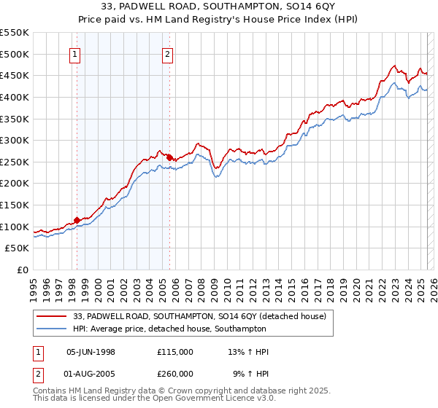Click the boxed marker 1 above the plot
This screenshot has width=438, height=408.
[76, 53]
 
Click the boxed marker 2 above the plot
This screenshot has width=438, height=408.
[168, 53]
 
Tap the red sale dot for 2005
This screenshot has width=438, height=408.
[169, 157]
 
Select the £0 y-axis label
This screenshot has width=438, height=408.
[21, 270]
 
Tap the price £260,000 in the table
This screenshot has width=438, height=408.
[175, 374]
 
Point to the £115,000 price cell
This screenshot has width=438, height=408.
[175, 352]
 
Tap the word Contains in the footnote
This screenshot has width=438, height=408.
[50, 391]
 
